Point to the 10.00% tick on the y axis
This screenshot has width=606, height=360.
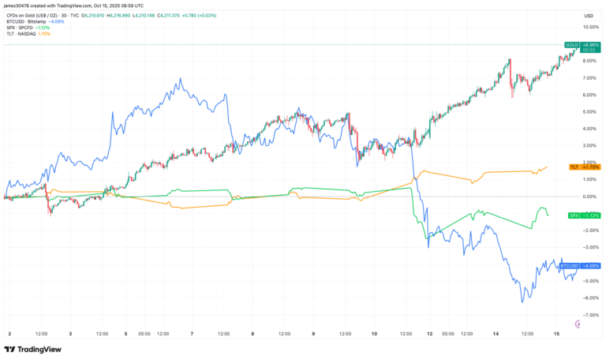(x=590, y=27)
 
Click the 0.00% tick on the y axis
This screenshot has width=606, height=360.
(x=590, y=197)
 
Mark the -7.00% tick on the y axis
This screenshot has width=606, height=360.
(x=589, y=315)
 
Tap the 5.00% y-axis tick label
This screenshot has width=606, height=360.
(x=590, y=112)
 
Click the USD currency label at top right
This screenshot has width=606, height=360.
(x=589, y=16)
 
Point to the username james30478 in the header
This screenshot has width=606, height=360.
(x=21, y=6)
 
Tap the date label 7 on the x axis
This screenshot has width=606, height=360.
(x=192, y=334)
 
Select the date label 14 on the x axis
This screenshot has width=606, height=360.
(x=496, y=334)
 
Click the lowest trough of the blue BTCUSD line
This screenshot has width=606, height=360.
(x=522, y=302)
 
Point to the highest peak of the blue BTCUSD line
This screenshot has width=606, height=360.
(x=181, y=79)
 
